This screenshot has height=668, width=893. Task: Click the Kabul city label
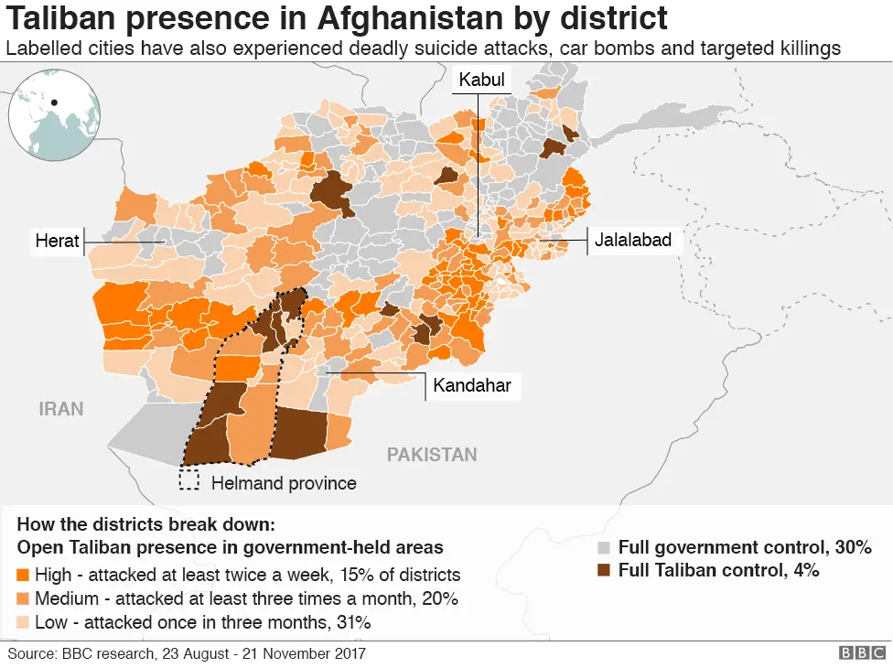pos(481,81)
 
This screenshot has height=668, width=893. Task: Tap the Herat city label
pos(57,241)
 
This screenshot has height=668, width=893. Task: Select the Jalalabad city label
pos(633,241)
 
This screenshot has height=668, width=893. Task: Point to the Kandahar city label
pos(472,385)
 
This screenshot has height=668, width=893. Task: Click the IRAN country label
pos(61,409)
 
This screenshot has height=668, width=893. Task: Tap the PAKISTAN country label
pos(432,455)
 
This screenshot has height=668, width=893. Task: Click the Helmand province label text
pos(284,483)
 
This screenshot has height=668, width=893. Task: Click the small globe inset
pos(54,113)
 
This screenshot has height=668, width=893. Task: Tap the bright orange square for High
pos(23,576)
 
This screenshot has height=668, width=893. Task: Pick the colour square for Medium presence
pos(23,599)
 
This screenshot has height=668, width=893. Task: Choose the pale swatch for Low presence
pos(23,622)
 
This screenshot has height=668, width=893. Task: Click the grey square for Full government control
pos(604,548)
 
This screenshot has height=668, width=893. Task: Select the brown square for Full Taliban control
pos(604,570)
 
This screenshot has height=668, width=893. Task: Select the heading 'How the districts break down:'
pos(145,526)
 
